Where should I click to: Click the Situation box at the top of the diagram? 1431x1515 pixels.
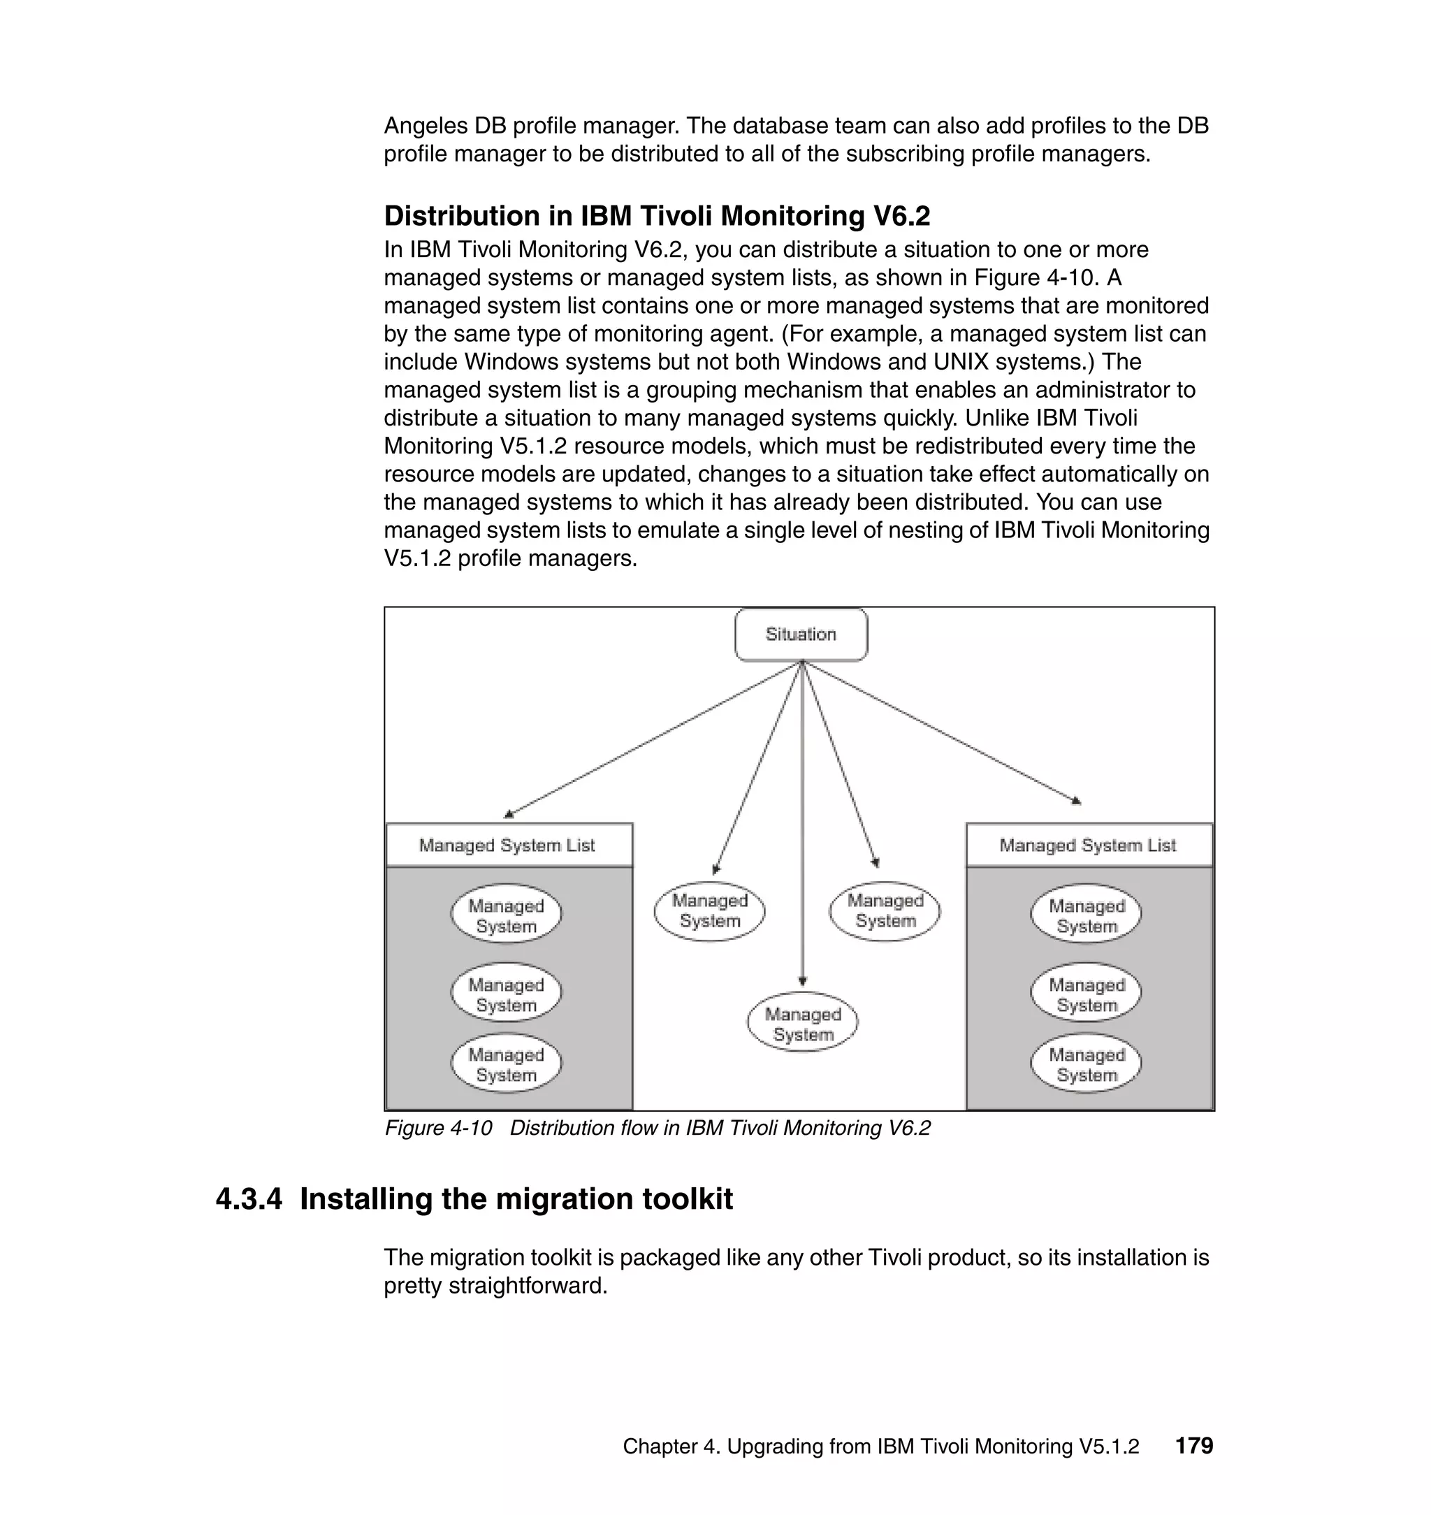pyautogui.click(x=801, y=634)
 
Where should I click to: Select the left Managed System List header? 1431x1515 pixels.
pyautogui.click(x=508, y=846)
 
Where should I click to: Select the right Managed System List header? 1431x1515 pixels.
pyautogui.click(x=1089, y=846)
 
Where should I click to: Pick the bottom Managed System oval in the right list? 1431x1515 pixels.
pyautogui.click(x=1087, y=1064)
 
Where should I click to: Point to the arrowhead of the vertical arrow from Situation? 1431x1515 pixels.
pyautogui.click(x=802, y=981)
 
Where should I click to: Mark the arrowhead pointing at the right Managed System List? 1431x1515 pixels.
pyautogui.click(x=1076, y=800)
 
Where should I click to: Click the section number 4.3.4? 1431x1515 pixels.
pyautogui.click(x=249, y=1199)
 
